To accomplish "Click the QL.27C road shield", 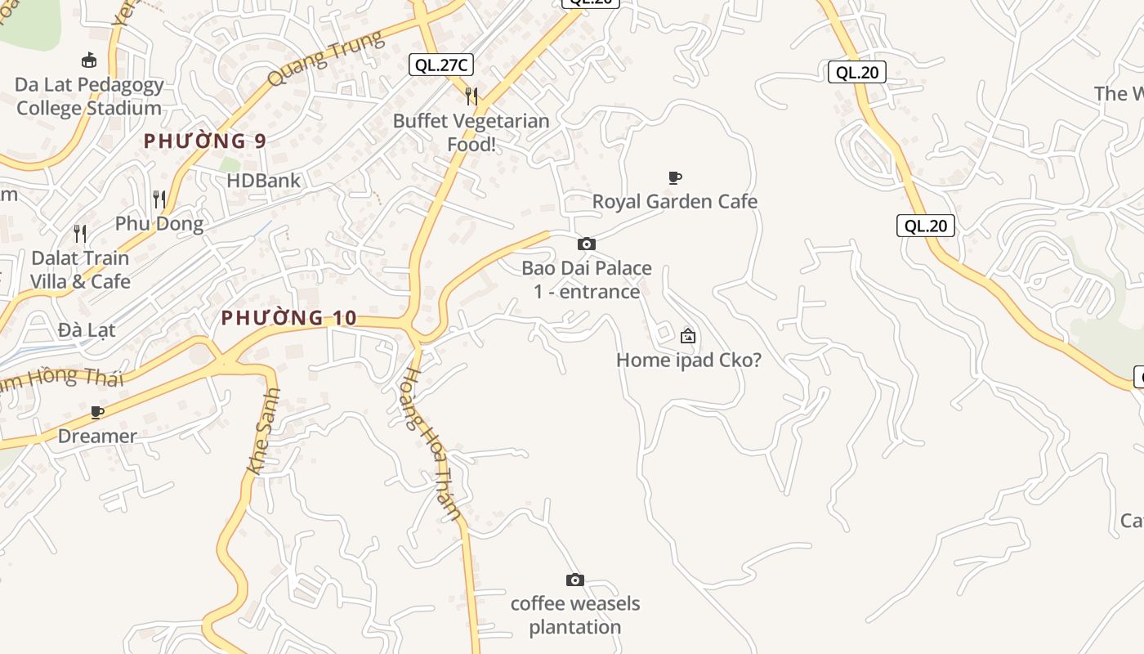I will (441, 65).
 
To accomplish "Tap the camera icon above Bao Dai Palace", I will (587, 244).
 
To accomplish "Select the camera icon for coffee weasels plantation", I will (575, 580).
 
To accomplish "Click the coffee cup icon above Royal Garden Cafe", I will (675, 177).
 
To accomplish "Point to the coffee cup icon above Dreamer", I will (97, 412).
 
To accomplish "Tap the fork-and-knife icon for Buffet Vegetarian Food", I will (471, 96).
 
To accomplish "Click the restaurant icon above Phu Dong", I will (159, 199).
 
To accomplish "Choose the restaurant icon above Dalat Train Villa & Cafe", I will (80, 234).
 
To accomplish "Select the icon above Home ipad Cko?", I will (688, 335).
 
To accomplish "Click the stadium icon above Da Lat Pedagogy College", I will (89, 60).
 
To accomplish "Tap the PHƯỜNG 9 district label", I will (205, 141).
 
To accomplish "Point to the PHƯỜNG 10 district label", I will (289, 317).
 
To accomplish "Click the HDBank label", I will (264, 181).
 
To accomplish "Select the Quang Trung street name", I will (325, 59).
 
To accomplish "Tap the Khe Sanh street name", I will (264, 431).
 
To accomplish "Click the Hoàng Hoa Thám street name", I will (431, 443).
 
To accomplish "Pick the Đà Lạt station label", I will (87, 330).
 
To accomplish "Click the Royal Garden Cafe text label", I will (675, 201).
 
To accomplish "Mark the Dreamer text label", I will (97, 436).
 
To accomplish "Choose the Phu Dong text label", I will (159, 223).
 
